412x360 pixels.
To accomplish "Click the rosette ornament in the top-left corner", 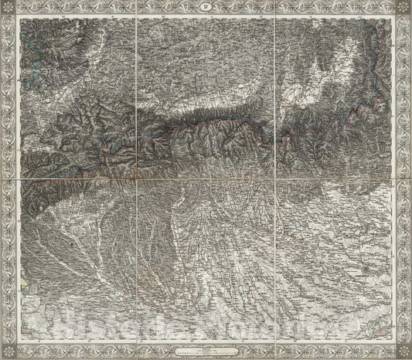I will [x=8, y=8].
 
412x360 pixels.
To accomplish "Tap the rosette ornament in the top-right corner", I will [x=403, y=8].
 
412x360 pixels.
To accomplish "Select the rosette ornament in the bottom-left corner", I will [x=8, y=352].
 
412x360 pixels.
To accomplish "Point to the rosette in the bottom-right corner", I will [x=403, y=352].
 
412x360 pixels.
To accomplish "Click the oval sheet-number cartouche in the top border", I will [x=206, y=8].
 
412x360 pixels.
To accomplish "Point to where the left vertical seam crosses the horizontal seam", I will [x=137, y=178].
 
